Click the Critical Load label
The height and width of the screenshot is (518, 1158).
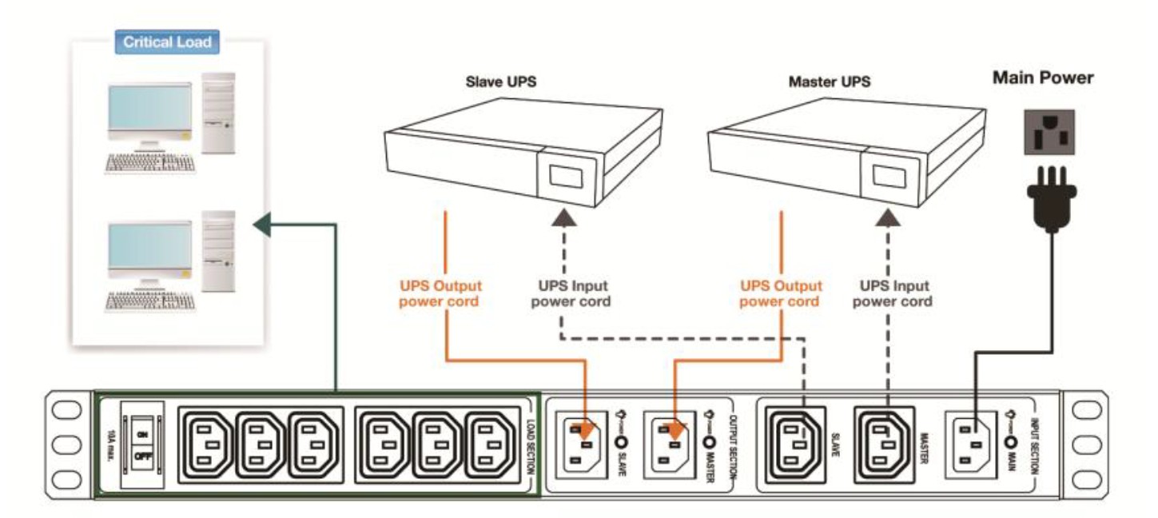click(167, 42)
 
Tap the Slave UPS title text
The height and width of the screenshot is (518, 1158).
click(502, 82)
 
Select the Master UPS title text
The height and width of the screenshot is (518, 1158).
click(830, 82)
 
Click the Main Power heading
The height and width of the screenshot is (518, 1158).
click(1042, 78)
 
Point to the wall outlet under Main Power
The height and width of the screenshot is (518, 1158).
click(1048, 131)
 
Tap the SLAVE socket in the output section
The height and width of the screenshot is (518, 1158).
click(587, 444)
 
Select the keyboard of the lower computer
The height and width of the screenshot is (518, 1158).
click(150, 301)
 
